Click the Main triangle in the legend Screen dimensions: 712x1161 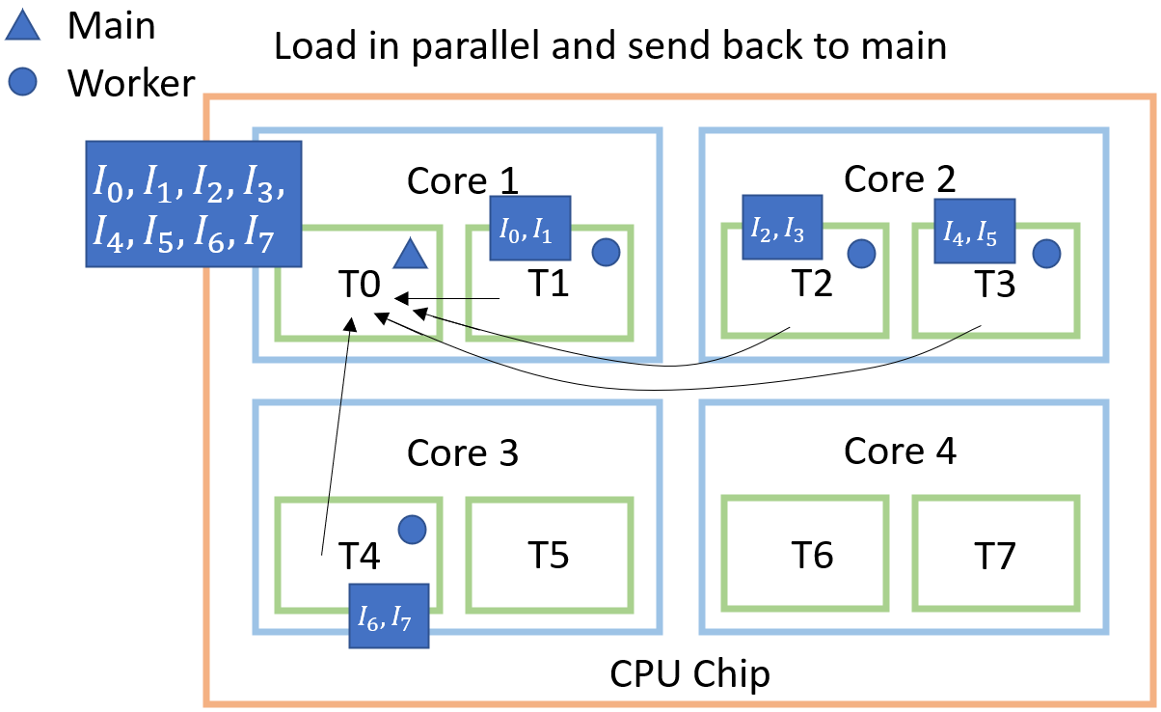(23, 26)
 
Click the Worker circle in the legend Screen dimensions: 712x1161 (23, 83)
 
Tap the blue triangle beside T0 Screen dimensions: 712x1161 (410, 255)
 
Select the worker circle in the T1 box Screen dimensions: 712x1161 (605, 253)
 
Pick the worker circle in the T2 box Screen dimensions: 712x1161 (861, 254)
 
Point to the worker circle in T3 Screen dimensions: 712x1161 (1046, 254)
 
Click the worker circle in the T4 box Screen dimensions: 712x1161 (412, 528)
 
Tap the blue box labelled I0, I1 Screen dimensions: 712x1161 (530, 229)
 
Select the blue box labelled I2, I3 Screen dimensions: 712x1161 (782, 228)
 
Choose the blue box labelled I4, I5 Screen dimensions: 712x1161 (975, 231)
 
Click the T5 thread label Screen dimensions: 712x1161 (548, 555)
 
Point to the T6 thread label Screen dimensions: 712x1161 (812, 555)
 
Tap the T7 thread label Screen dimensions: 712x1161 (993, 555)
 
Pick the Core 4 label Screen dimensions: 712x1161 (900, 451)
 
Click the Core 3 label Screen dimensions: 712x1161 (463, 452)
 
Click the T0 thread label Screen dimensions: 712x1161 (359, 285)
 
